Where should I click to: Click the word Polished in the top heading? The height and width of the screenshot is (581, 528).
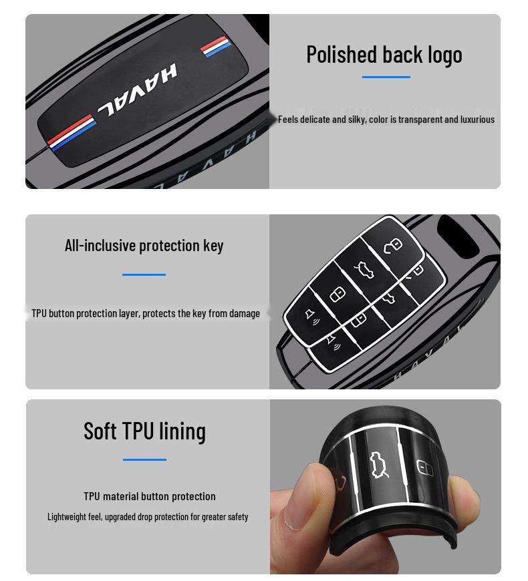click(342, 55)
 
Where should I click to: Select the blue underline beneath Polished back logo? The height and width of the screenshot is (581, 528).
click(386, 77)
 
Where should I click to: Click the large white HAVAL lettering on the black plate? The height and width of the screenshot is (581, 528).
click(137, 90)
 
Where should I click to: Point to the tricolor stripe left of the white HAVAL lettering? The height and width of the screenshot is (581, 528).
click(72, 133)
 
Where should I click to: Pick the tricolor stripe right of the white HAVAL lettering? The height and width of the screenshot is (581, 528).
click(215, 46)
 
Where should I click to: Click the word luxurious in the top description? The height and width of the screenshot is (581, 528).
click(478, 120)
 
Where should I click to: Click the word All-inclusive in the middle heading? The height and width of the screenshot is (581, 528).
click(100, 245)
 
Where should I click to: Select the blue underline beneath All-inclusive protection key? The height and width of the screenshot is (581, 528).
click(144, 274)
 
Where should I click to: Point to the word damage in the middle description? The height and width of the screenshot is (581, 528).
click(245, 314)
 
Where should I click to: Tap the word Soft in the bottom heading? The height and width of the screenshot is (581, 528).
click(100, 431)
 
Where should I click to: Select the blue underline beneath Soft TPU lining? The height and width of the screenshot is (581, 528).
click(144, 459)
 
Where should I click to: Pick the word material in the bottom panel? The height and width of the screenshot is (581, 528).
click(120, 496)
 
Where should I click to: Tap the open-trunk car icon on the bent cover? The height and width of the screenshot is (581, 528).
click(380, 465)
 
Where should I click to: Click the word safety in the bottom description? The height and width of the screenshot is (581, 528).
click(237, 517)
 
